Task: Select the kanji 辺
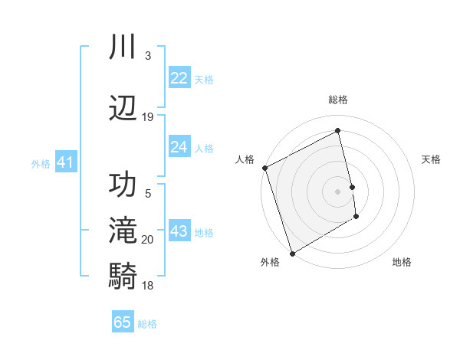(x=123, y=107)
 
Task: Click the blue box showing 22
(x=179, y=78)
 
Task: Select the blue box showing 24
(x=179, y=147)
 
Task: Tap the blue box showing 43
(x=179, y=231)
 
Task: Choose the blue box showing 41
(x=65, y=162)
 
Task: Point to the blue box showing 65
(x=123, y=322)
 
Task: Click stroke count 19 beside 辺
(x=148, y=117)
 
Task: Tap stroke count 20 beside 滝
(x=148, y=240)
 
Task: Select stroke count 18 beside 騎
(x=148, y=286)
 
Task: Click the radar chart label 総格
(x=338, y=100)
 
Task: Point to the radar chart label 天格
(x=432, y=159)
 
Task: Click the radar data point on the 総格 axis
(x=338, y=131)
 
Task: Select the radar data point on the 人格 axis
(x=264, y=168)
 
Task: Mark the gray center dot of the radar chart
(x=338, y=191)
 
